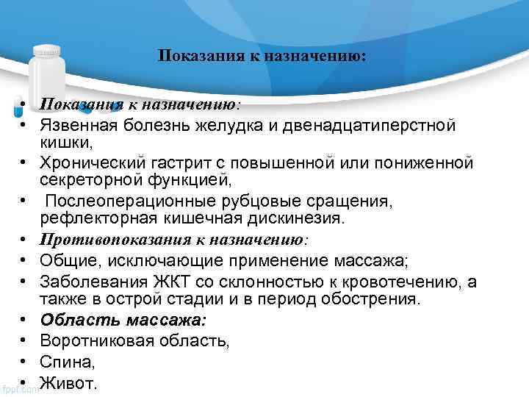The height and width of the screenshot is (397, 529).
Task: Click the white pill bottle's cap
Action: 48,51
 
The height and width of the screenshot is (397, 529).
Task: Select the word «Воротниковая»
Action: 96,340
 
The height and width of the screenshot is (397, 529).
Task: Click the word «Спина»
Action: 65,362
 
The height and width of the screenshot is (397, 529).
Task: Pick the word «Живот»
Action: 67,382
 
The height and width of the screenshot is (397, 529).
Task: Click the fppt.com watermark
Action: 20,389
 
